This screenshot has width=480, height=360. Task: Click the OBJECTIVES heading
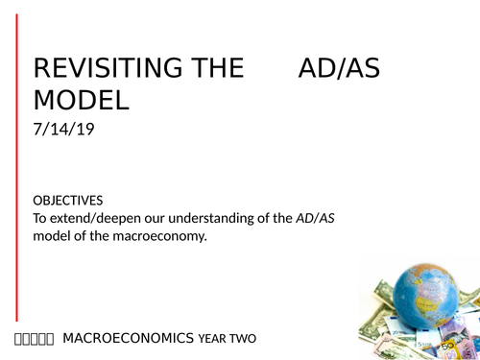(x=67, y=201)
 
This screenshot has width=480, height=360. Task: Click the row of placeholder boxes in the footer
(x=35, y=339)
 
